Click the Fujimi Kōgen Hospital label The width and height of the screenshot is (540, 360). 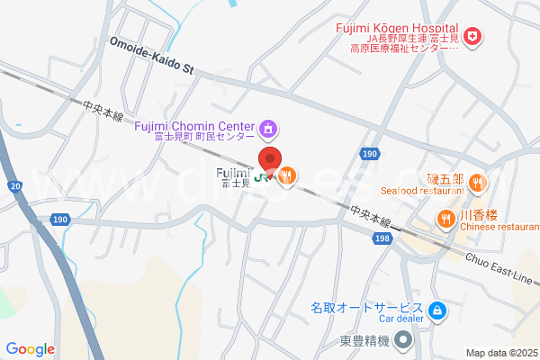click(397, 29)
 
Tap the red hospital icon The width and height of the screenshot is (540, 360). click(473, 37)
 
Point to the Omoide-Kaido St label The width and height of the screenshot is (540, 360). click(152, 55)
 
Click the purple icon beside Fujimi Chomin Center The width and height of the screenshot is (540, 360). click(268, 131)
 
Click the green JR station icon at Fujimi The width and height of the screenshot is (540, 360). click(260, 177)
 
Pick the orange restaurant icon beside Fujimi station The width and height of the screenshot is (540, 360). click(287, 177)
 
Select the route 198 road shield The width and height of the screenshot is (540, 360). click(382, 238)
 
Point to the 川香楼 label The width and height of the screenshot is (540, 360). click(479, 215)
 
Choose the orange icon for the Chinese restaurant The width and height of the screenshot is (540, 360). click(445, 218)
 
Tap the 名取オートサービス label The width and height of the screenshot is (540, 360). click(366, 307)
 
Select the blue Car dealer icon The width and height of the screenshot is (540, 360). click(436, 311)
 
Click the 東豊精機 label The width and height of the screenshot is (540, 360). click(364, 340)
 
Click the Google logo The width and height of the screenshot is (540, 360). click(30, 349)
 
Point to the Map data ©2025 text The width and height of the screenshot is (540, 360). click(500, 353)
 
